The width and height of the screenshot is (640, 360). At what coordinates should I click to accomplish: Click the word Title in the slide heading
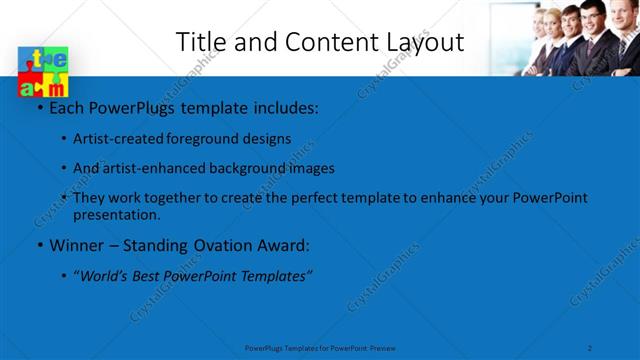[x=198, y=42]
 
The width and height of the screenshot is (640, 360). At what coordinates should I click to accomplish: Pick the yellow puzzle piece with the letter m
[x=56, y=88]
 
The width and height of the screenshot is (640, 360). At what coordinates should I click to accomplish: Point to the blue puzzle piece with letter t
[x=30, y=60]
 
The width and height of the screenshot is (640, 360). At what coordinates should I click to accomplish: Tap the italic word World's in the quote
[x=104, y=275]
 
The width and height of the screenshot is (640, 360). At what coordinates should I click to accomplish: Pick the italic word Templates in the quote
[x=273, y=275]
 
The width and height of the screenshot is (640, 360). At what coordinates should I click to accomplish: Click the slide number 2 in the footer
[x=590, y=347]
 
